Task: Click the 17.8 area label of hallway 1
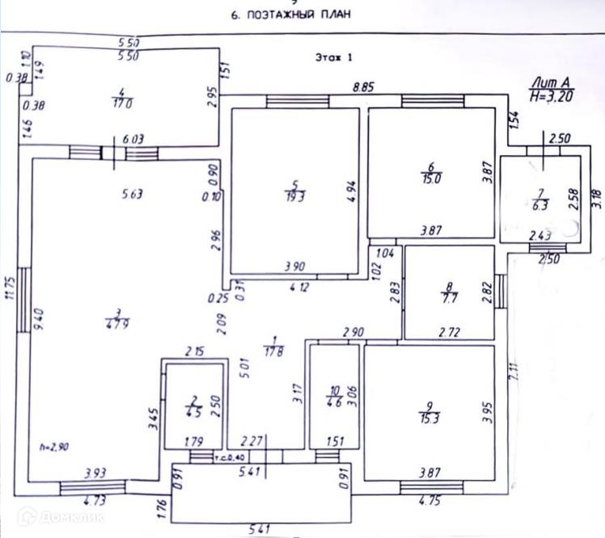pyautogui.click(x=276, y=350)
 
